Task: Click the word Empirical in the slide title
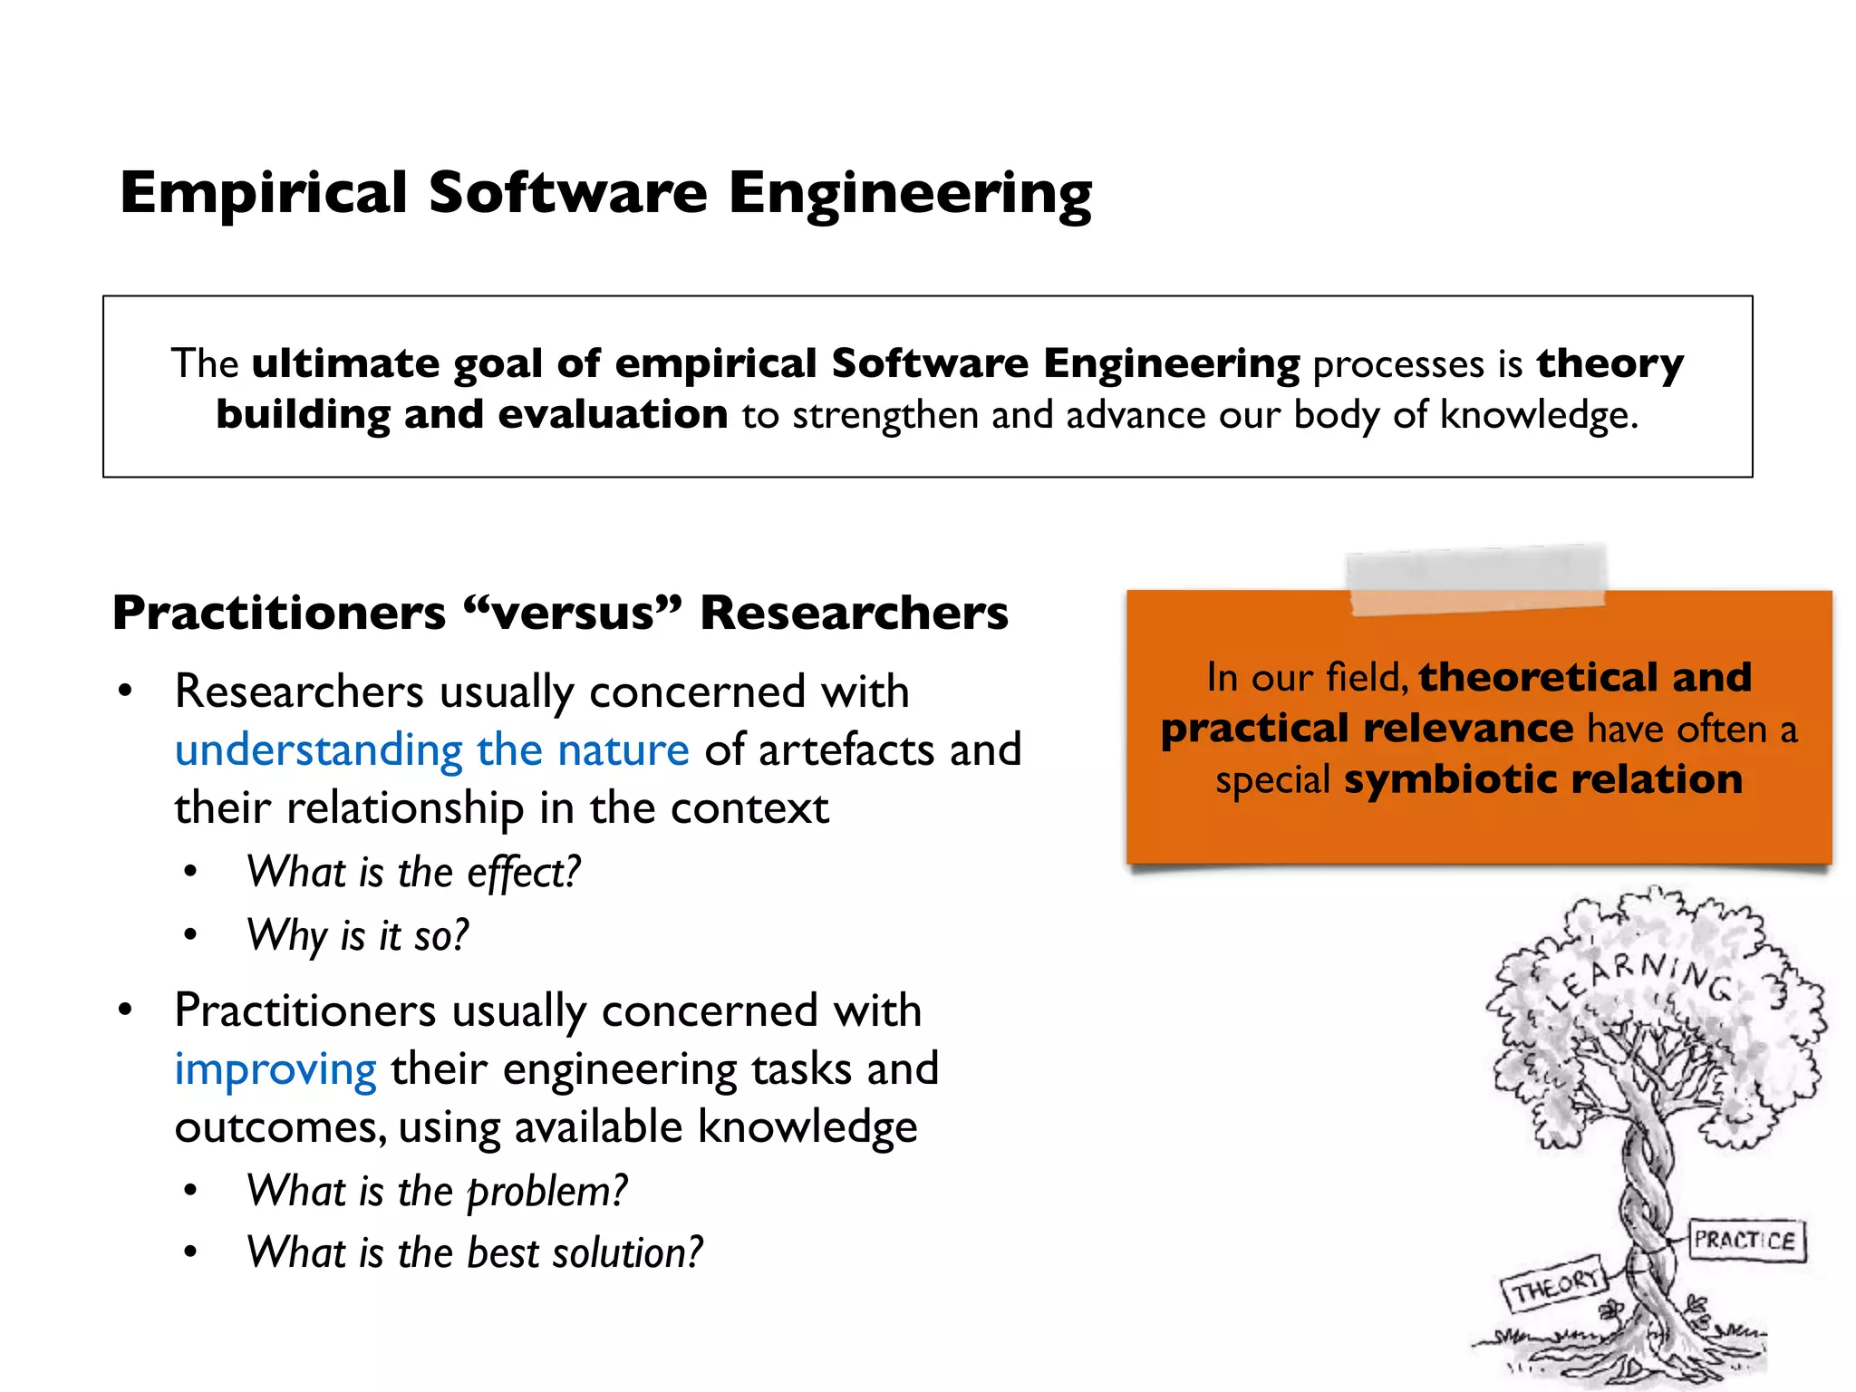[264, 193]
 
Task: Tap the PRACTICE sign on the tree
[1745, 1240]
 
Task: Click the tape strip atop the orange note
[1476, 578]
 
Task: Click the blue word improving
[275, 1069]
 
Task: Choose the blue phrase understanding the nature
[431, 750]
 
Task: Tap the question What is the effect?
[413, 873]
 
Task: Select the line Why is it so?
[358, 935]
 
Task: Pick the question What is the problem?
[437, 1191]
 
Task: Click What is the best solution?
[474, 1253]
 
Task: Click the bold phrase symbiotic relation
[1543, 779]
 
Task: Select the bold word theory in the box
[1609, 363]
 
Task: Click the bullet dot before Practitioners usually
[125, 1010]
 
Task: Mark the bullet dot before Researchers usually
[125, 691]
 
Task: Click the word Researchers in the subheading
[854, 613]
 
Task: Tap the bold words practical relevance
[1367, 729]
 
